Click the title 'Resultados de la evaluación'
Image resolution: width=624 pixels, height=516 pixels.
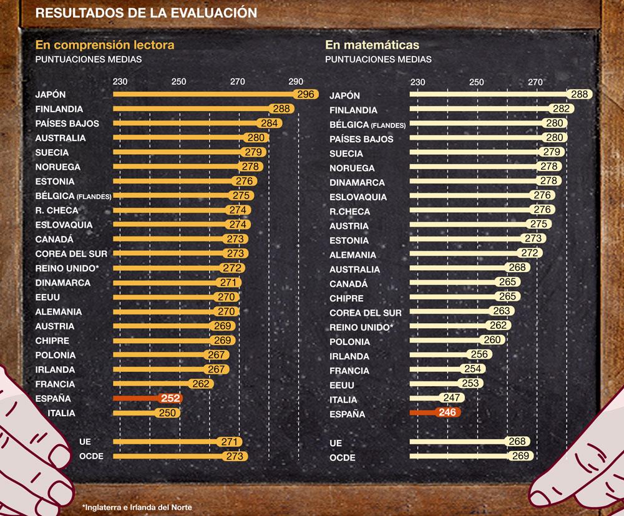click(x=146, y=12)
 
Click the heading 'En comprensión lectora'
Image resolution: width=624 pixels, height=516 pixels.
click(x=105, y=45)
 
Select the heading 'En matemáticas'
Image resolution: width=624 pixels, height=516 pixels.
click(x=372, y=45)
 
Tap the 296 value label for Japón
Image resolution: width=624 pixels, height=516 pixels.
click(x=306, y=95)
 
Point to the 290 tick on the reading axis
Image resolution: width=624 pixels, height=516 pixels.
click(x=296, y=82)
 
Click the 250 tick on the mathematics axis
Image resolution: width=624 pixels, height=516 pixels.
click(x=476, y=82)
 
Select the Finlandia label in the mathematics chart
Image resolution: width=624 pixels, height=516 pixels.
click(x=353, y=110)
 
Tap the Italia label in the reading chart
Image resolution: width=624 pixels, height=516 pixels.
click(x=61, y=413)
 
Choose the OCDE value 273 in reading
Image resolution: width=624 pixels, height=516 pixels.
click(x=235, y=456)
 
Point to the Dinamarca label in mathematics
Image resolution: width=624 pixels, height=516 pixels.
click(x=357, y=183)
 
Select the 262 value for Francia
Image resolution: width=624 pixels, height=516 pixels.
click(x=201, y=384)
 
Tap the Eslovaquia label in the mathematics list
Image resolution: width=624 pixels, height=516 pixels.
click(x=358, y=197)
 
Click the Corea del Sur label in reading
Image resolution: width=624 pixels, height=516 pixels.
click(x=71, y=254)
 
